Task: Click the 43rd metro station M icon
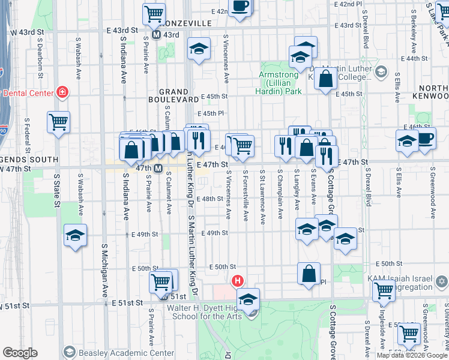(156, 35)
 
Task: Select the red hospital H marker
(238, 280)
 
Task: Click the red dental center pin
(62, 92)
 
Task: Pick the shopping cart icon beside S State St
(59, 122)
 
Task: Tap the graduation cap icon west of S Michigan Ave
(76, 235)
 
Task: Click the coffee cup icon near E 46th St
(426, 138)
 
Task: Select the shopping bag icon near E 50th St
(309, 274)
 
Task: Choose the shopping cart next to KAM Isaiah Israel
(384, 291)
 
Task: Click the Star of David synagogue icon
(439, 281)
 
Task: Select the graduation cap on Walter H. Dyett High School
(248, 298)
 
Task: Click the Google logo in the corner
(20, 353)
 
